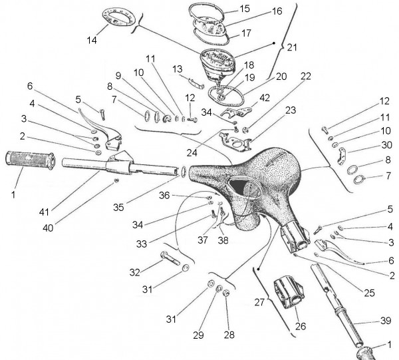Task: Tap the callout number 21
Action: pos(293,47)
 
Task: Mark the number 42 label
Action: pos(265,98)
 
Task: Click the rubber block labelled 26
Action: pos(289,293)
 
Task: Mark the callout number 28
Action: pos(229,335)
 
